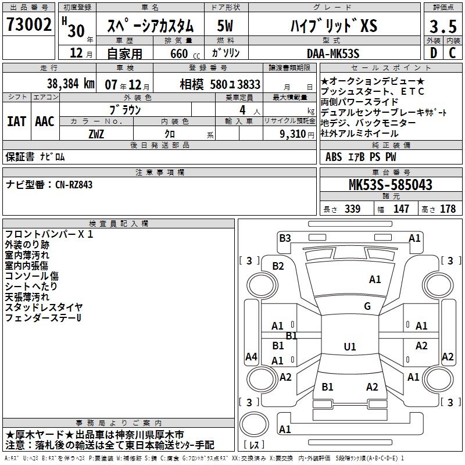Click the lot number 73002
[x=28, y=24]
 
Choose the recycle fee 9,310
[x=296, y=134]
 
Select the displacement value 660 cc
[x=180, y=53]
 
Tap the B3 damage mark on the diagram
[x=285, y=237]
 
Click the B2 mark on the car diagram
[x=278, y=266]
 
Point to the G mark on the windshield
[x=367, y=306]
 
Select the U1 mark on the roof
[x=350, y=347]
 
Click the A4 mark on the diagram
[x=251, y=357]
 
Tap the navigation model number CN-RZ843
[x=74, y=185]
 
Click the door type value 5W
[x=226, y=26]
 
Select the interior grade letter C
[x=452, y=53]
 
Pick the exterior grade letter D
[x=433, y=53]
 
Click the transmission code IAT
[x=16, y=121]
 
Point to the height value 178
[x=448, y=209]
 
